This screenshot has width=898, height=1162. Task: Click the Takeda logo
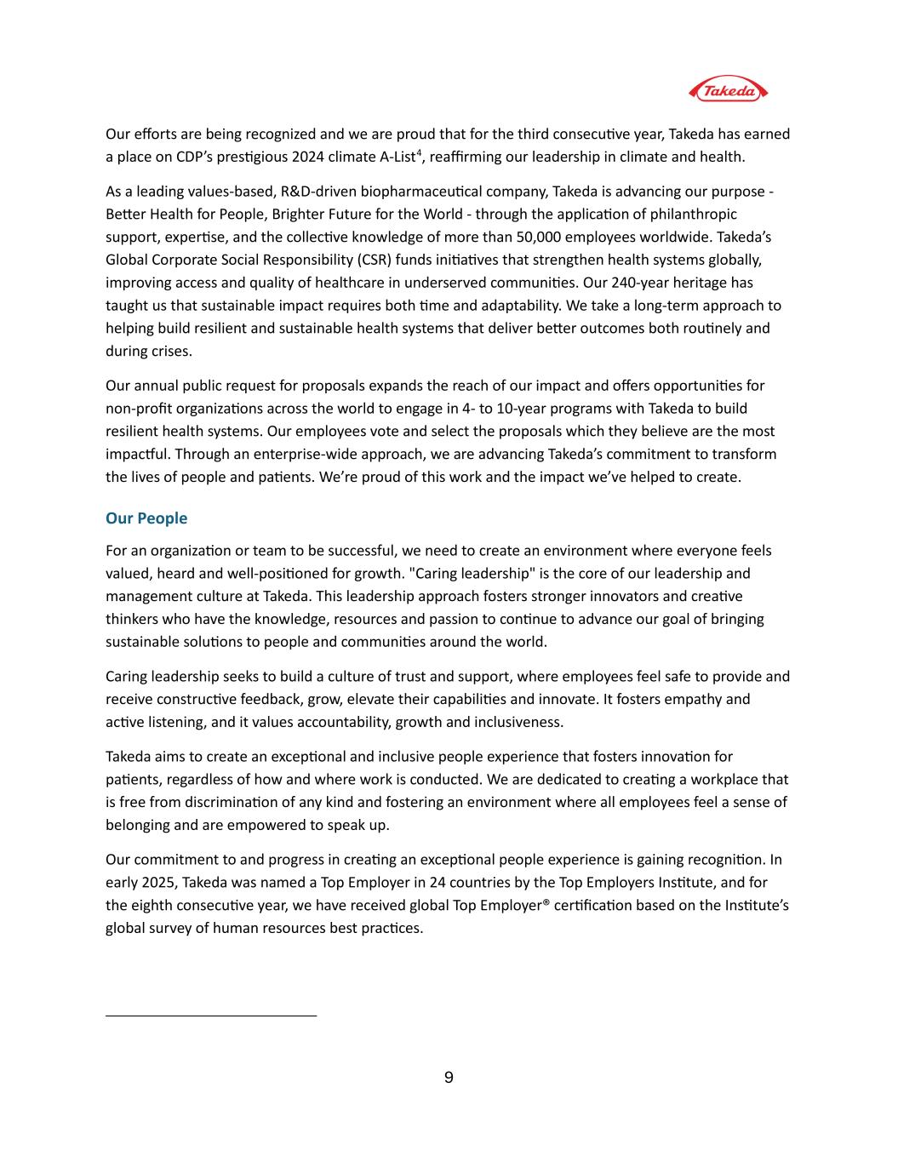pos(727,89)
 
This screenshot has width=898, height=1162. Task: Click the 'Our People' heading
pos(146,518)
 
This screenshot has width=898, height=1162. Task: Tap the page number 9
pos(449,1078)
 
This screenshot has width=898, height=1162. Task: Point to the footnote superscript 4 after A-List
pos(418,153)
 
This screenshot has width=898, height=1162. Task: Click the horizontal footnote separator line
pos(211,1016)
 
